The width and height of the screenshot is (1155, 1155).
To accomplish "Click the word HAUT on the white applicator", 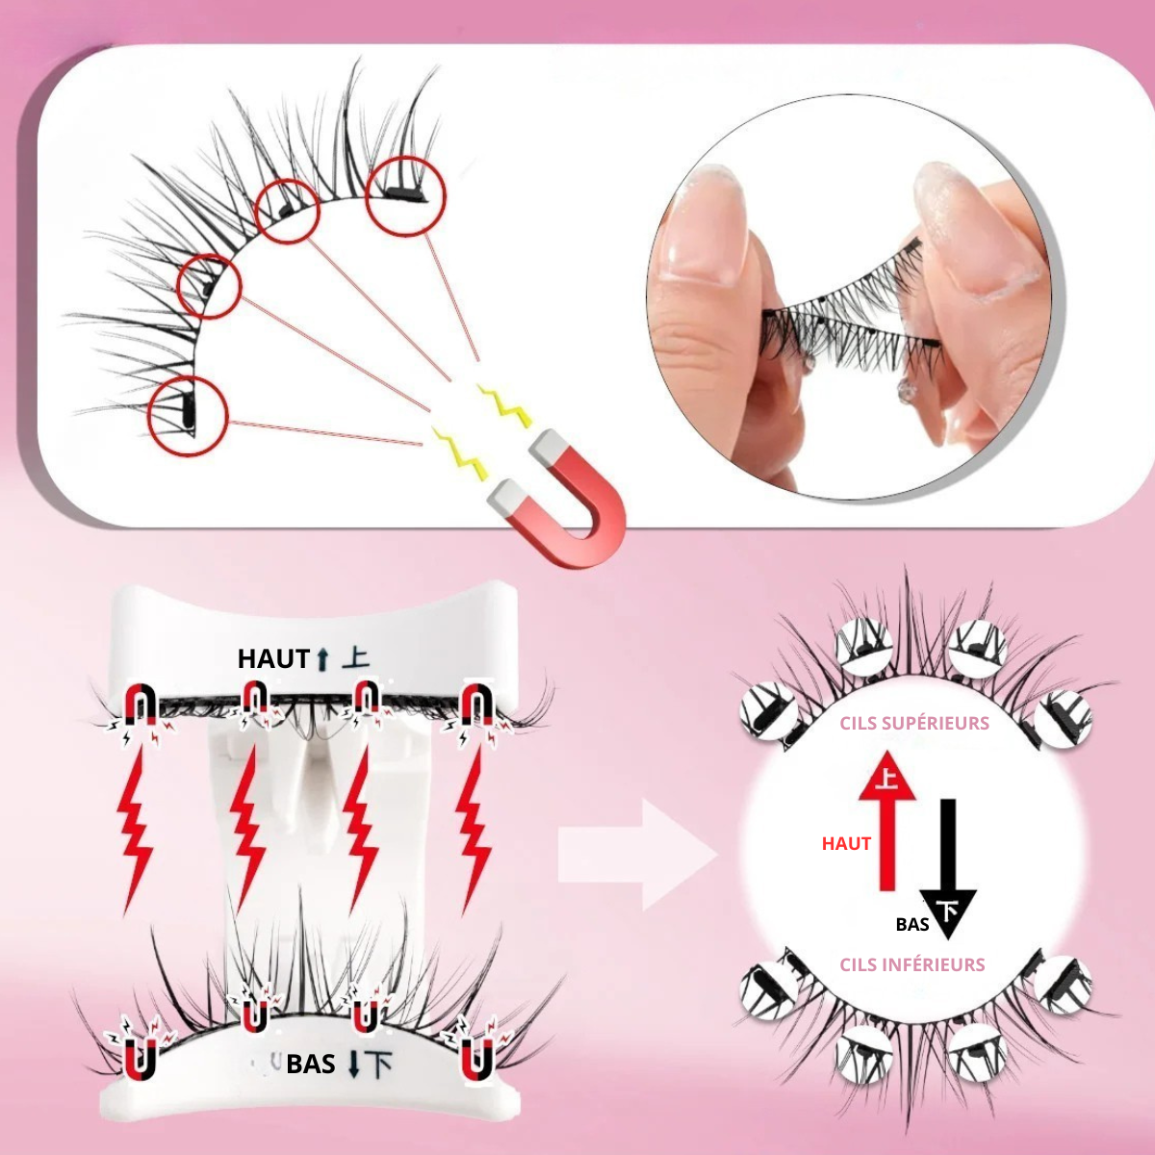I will pyautogui.click(x=273, y=659).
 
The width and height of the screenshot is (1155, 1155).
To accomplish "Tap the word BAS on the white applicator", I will pyautogui.click(x=311, y=1064).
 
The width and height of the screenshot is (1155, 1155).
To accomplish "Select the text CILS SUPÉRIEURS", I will pyautogui.click(x=913, y=723).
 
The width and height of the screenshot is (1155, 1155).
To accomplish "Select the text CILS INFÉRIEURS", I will pyautogui.click(x=911, y=964).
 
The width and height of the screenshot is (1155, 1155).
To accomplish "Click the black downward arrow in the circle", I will pyautogui.click(x=949, y=866).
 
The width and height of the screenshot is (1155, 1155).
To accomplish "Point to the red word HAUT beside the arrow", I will pyautogui.click(x=846, y=843).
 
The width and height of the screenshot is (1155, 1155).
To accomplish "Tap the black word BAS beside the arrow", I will pyautogui.click(x=911, y=924).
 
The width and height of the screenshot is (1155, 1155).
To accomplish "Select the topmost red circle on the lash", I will pyautogui.click(x=405, y=195).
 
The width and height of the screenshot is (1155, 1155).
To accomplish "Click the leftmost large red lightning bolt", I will pyautogui.click(x=135, y=828).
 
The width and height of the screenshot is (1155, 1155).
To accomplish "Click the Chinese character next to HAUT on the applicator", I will pyautogui.click(x=356, y=659).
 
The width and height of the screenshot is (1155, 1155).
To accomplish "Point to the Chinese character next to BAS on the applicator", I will pyautogui.click(x=380, y=1064).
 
